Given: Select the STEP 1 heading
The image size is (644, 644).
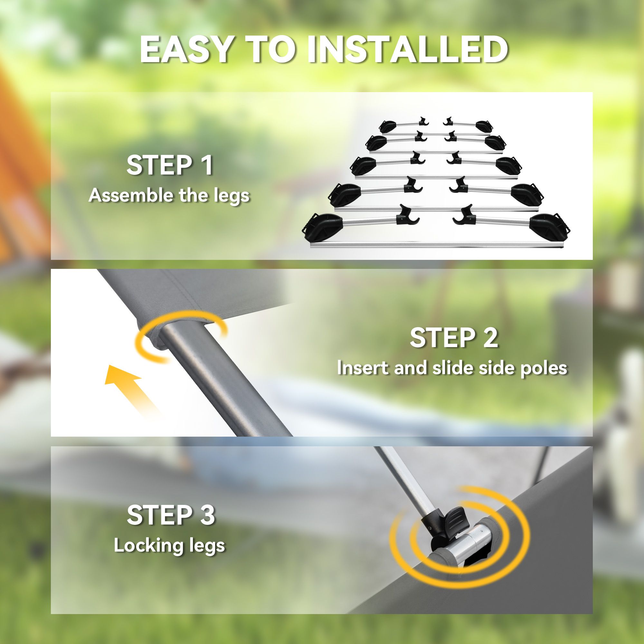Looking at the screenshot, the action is pyautogui.click(x=170, y=165).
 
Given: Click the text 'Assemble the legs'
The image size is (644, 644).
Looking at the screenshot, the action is pyautogui.click(x=169, y=196).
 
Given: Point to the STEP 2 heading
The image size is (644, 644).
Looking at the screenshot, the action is pyautogui.click(x=454, y=338).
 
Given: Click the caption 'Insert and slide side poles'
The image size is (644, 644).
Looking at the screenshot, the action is pyautogui.click(x=452, y=368).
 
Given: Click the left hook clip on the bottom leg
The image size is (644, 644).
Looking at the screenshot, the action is pyautogui.click(x=407, y=215).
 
